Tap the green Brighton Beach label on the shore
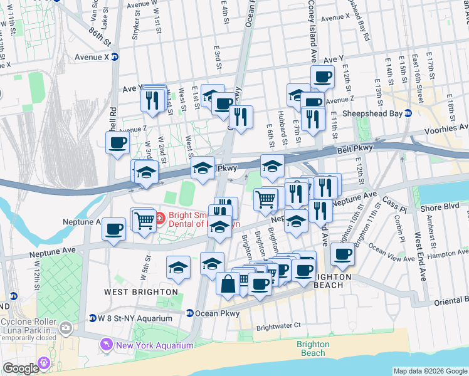tap(312, 348)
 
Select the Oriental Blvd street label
tap(450, 301)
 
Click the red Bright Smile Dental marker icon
tap(159, 218)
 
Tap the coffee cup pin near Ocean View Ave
tap(342, 253)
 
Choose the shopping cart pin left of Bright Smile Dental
tap(144, 219)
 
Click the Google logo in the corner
tap(21, 368)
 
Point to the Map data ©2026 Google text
tap(429, 371)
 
